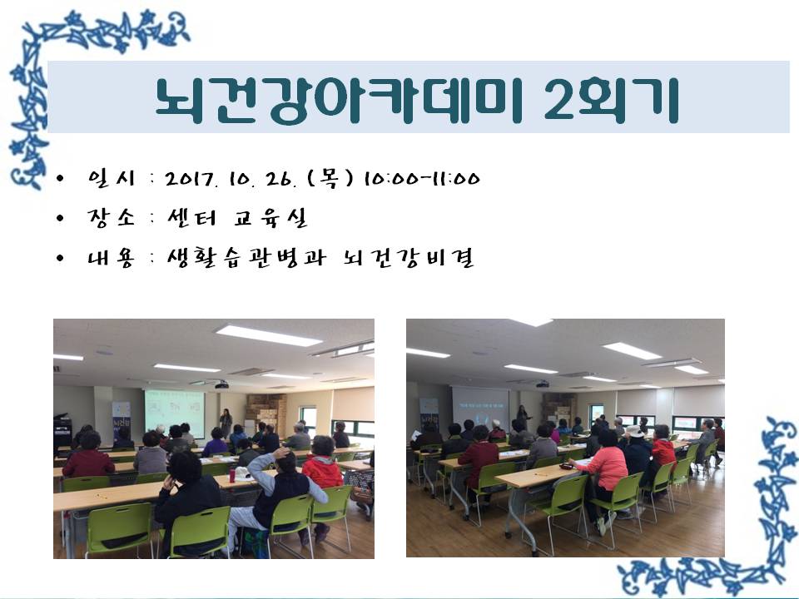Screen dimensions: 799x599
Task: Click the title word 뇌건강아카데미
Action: pyautogui.click(x=340, y=101)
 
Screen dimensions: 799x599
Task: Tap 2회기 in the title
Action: pyautogui.click(x=612, y=101)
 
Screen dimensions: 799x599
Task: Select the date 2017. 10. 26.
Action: pyautogui.click(x=231, y=179)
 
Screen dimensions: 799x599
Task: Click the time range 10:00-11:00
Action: pyautogui.click(x=422, y=179)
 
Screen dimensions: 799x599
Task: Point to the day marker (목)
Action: pyautogui.click(x=330, y=178)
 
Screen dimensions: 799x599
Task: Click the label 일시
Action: pyautogui.click(x=111, y=178)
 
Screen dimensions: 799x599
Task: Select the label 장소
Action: pyautogui.click(x=111, y=217)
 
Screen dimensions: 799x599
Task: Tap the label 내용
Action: pyautogui.click(x=111, y=258)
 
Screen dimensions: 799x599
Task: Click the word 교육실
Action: pyautogui.click(x=271, y=217)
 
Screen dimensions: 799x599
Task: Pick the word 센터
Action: pyautogui.click(x=192, y=217)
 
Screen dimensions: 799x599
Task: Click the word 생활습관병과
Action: pyautogui.click(x=246, y=257)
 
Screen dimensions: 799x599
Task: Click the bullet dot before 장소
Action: pyautogui.click(x=61, y=218)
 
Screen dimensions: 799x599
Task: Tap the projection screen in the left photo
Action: pyautogui.click(x=175, y=410)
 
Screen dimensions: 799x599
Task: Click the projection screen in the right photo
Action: pyautogui.click(x=480, y=407)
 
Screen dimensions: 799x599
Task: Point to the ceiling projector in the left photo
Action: pyautogui.click(x=221, y=384)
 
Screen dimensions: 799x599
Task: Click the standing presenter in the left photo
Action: pyautogui.click(x=226, y=423)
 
